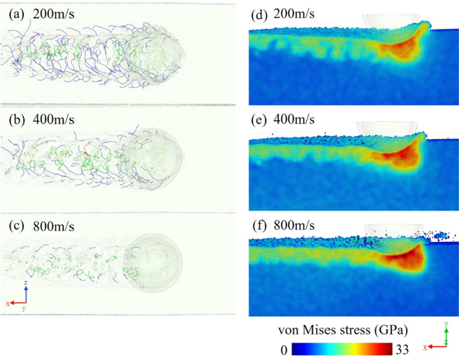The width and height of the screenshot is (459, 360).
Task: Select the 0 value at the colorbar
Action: [x=285, y=349]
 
